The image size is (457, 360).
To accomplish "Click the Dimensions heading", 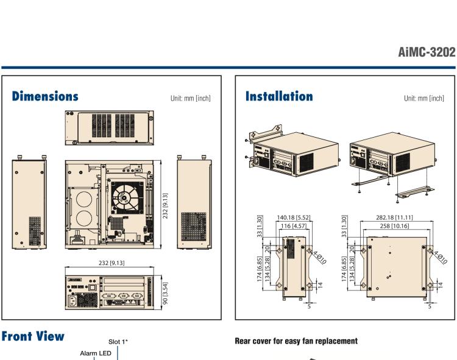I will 44,96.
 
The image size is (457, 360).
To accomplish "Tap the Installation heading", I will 278,96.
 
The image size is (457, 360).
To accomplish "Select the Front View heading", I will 33,337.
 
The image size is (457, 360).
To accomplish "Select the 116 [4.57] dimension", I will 294,227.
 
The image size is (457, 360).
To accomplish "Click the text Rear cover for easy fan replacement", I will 296,341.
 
